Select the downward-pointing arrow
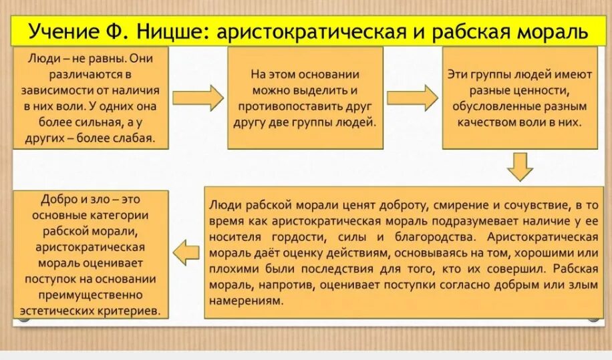(520, 166)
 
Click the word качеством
(491, 123)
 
